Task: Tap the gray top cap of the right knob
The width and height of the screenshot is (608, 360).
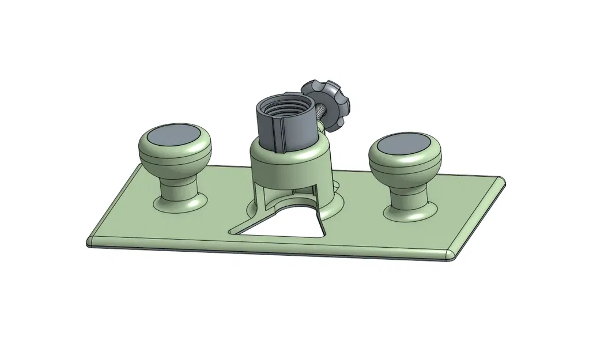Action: point(405,144)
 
